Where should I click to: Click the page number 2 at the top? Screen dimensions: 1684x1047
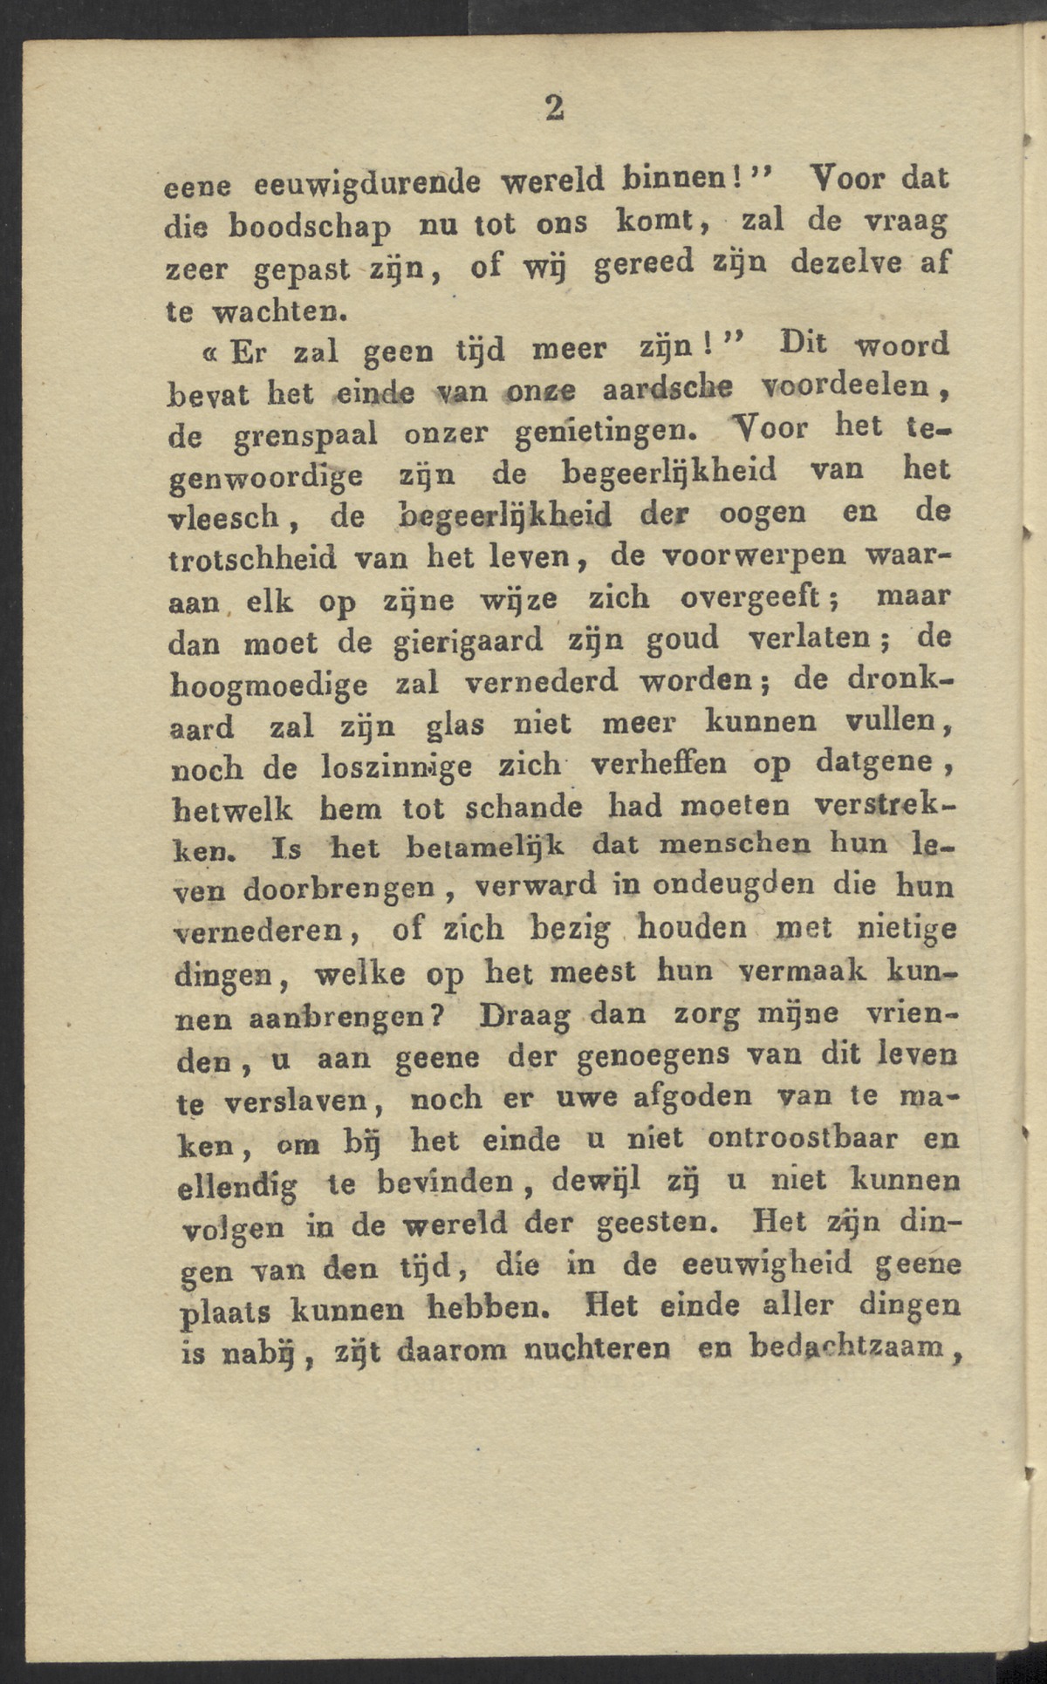click(554, 106)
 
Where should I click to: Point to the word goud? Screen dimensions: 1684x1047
click(682, 639)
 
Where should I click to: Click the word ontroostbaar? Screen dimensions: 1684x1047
click(792, 1139)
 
